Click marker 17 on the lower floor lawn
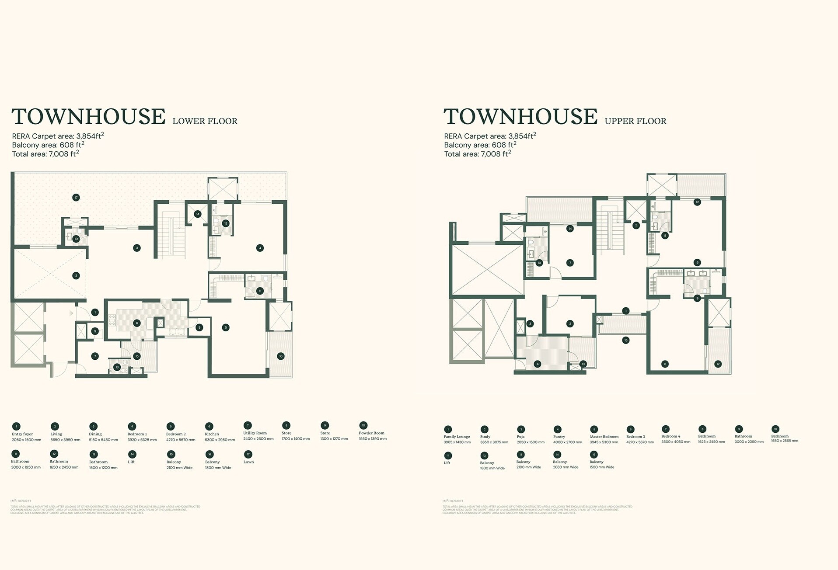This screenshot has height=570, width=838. pyautogui.click(x=76, y=198)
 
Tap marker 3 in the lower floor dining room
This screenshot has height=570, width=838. pyautogui.click(x=137, y=248)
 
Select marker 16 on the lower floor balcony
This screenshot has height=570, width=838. pyautogui.click(x=281, y=356)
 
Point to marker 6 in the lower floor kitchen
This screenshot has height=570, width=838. pyautogui.click(x=137, y=323)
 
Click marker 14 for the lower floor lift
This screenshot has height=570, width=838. pyautogui.click(x=198, y=214)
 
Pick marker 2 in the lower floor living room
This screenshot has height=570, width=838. pyautogui.click(x=76, y=275)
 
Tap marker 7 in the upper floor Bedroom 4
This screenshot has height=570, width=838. pyautogui.click(x=570, y=263)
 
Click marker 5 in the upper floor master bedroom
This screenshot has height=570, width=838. pyautogui.click(x=697, y=263)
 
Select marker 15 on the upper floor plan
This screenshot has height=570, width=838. pyautogui.click(x=626, y=340)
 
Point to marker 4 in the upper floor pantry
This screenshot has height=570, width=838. pyautogui.click(x=538, y=364)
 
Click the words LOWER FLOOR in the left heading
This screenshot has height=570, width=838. pyautogui.click(x=205, y=121)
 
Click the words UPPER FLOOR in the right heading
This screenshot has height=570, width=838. pyautogui.click(x=635, y=121)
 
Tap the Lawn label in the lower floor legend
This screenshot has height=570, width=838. pyautogui.click(x=248, y=462)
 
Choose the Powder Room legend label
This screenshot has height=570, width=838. pyautogui.click(x=371, y=433)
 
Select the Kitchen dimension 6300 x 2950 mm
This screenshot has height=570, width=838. pyautogui.click(x=220, y=440)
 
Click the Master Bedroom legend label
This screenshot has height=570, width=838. pyautogui.click(x=604, y=437)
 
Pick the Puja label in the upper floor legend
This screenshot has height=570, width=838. pyautogui.click(x=520, y=437)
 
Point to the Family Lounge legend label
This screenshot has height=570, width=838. pyautogui.click(x=457, y=437)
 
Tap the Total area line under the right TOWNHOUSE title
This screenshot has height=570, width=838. pyautogui.click(x=478, y=154)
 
